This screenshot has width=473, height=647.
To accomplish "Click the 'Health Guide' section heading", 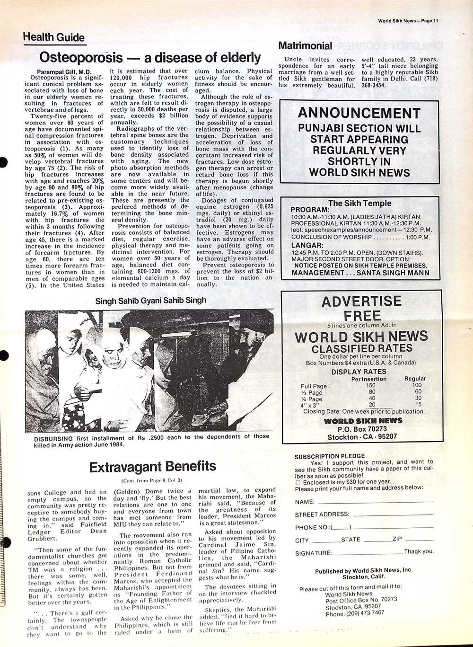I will click(x=53, y=37).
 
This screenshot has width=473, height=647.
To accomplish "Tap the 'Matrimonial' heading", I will click(x=305, y=46).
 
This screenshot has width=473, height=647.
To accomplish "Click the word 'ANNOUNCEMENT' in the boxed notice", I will click(x=359, y=113).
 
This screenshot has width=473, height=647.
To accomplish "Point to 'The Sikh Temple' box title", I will click(x=359, y=203).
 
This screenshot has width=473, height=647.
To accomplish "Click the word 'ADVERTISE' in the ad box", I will click(x=361, y=301).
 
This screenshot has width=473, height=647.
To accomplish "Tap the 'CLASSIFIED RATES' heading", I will click(x=361, y=348).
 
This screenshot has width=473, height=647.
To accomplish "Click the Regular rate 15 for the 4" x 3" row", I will click(x=418, y=404).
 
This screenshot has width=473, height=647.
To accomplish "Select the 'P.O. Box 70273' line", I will click(x=362, y=429).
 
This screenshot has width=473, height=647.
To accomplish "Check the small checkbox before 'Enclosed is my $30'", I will click(x=298, y=482).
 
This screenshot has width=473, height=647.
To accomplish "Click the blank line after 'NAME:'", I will click(x=376, y=502).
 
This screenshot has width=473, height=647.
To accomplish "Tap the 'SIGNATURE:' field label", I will click(x=313, y=553).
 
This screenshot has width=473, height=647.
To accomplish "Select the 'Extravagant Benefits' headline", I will click(x=152, y=467).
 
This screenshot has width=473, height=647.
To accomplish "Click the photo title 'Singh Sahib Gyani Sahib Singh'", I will click(x=150, y=300).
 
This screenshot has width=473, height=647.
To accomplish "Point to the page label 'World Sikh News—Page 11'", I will click(x=408, y=20).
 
